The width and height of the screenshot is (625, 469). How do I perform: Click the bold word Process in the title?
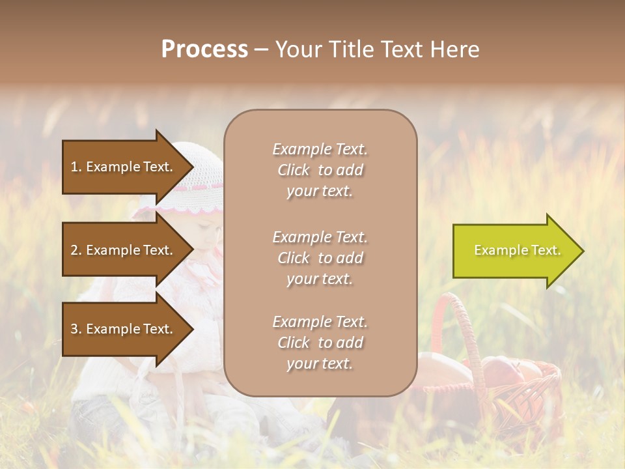click(x=204, y=50)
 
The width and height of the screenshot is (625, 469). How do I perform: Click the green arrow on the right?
click(x=514, y=251)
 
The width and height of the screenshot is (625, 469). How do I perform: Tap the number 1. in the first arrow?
click(x=76, y=167)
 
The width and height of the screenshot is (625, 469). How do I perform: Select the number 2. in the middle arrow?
click(x=76, y=250)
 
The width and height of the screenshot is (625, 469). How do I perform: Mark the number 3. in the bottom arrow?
click(x=76, y=329)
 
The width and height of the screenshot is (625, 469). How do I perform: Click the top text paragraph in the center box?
click(x=320, y=170)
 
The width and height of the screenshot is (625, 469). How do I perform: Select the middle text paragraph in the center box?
click(x=320, y=258)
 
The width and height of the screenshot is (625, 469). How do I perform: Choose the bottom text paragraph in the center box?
click(x=320, y=343)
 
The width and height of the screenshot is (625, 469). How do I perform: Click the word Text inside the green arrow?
click(x=546, y=250)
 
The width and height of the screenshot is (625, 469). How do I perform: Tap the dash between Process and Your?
click(x=262, y=50)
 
